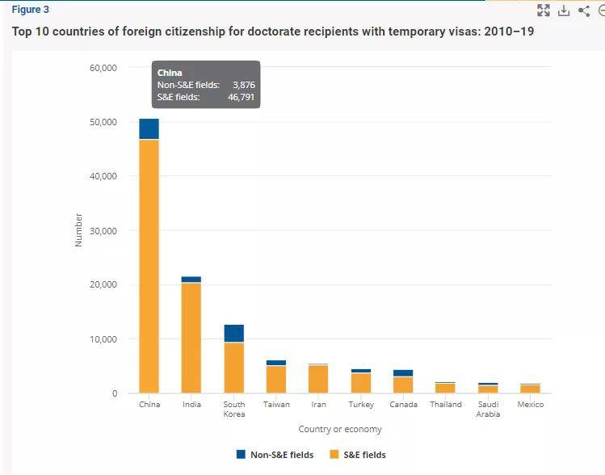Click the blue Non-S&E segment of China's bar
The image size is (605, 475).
click(149, 129)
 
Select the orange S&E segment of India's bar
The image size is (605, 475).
click(191, 338)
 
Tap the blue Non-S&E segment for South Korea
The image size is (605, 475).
click(233, 333)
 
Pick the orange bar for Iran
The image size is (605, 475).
click(318, 379)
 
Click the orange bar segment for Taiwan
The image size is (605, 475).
click(276, 380)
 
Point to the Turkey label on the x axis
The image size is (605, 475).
click(361, 405)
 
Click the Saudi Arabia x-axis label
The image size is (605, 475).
click(488, 409)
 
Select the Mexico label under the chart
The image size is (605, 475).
click(531, 405)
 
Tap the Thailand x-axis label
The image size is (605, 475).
click(446, 405)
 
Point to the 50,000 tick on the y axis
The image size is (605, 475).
click(103, 122)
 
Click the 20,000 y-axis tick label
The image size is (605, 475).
click(103, 285)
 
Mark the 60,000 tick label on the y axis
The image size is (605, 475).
click(103, 68)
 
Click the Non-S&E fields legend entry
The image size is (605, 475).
click(275, 455)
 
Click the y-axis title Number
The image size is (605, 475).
click(78, 230)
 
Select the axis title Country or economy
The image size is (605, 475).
click(340, 429)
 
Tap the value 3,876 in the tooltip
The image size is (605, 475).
click(244, 85)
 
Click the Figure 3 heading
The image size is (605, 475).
click(30, 10)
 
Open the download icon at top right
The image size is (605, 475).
click(564, 11)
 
